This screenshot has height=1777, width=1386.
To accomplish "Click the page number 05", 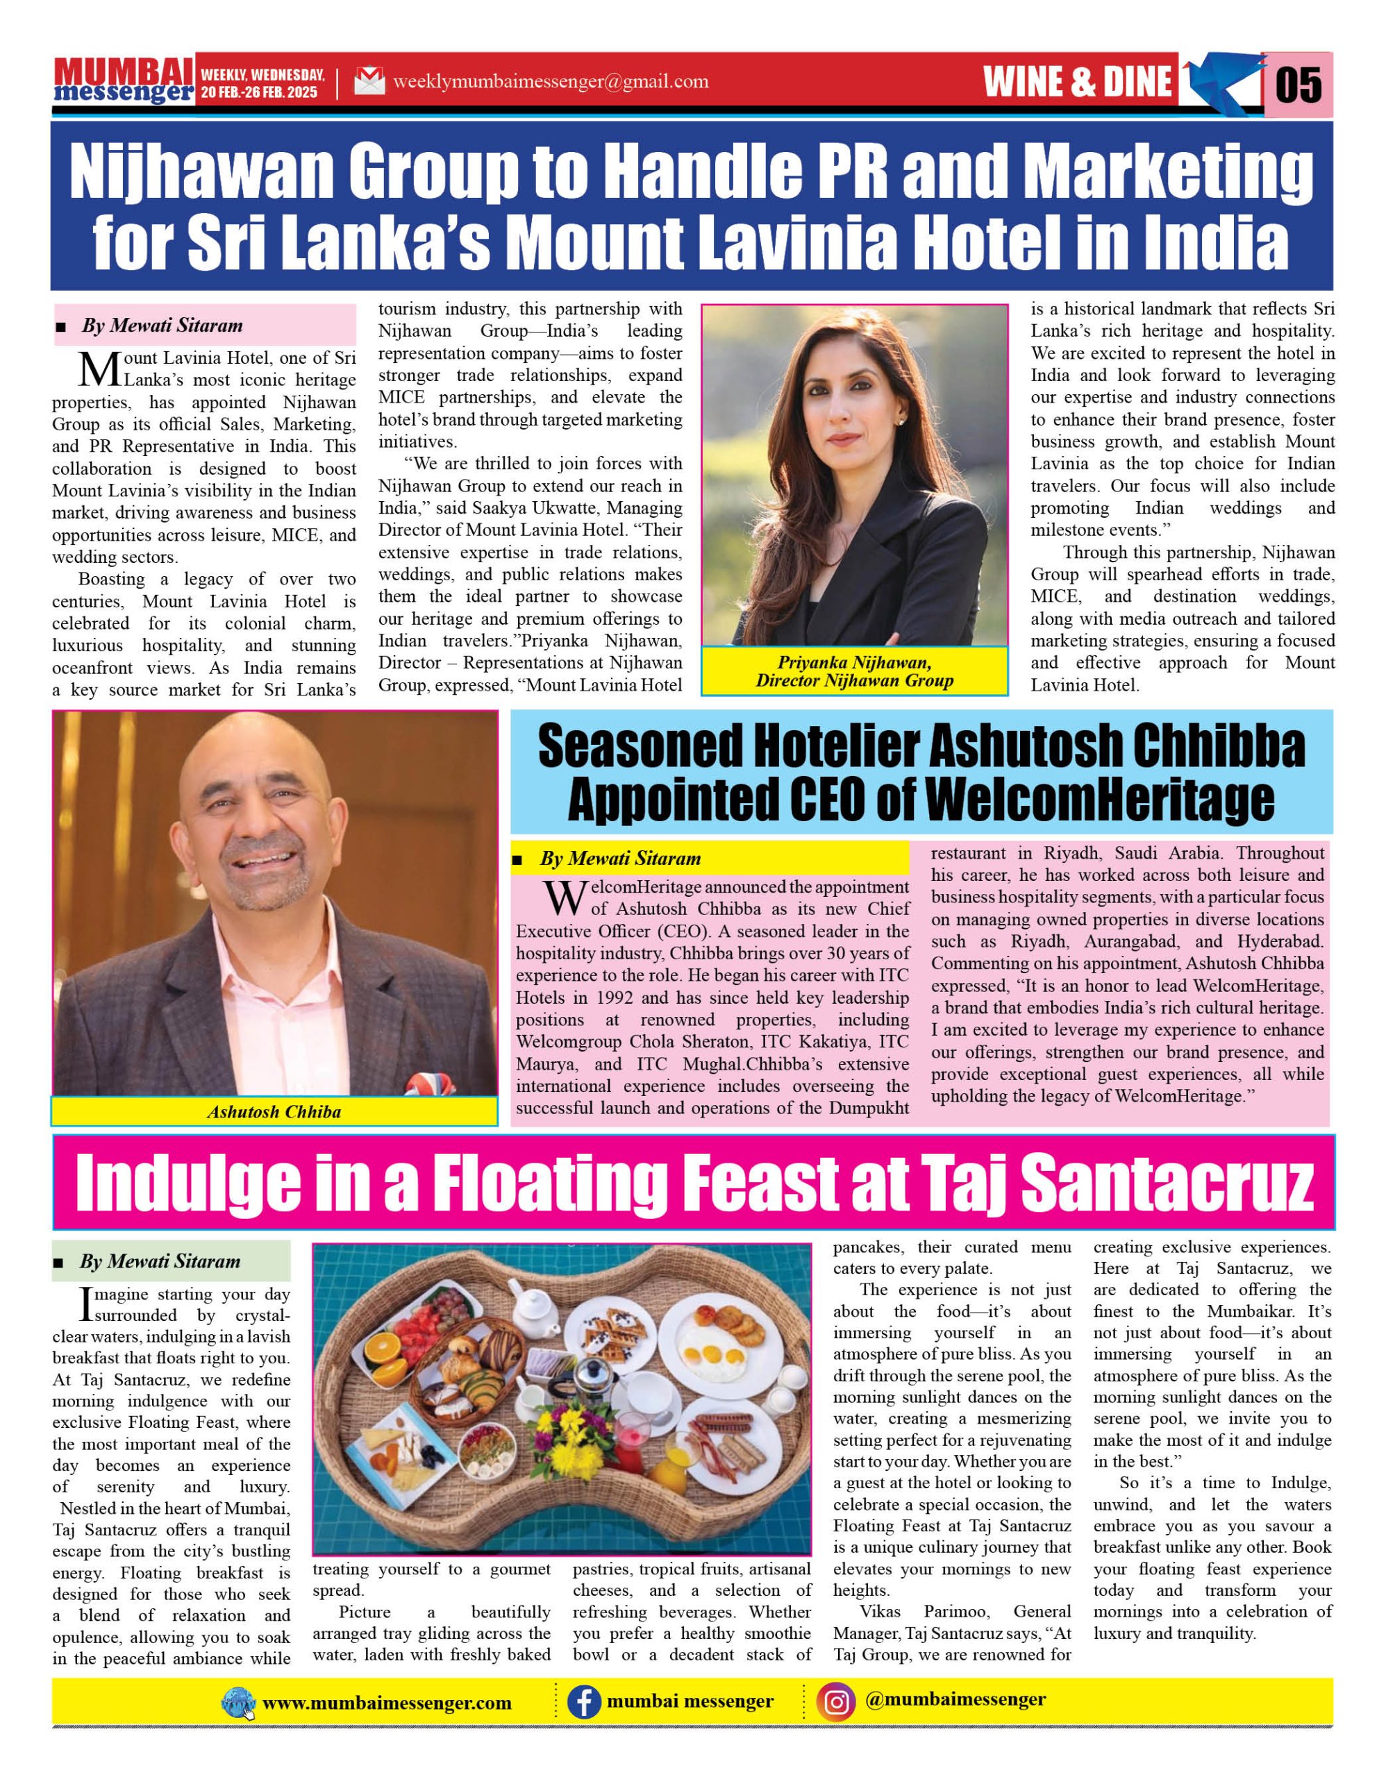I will tap(1299, 85).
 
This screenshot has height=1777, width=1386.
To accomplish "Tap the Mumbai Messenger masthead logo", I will tap(124, 81).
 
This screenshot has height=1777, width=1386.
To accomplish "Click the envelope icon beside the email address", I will tap(369, 81).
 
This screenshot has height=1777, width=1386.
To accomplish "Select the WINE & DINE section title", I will tap(1078, 82).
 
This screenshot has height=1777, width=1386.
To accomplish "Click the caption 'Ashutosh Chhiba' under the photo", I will tap(274, 1111).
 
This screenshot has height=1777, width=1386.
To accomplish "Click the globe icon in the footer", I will tap(237, 1702).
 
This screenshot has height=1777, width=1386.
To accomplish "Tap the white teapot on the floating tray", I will tap(533, 1304).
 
